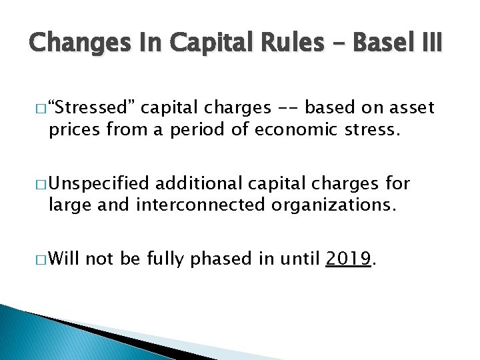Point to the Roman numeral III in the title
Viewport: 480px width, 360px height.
pos(428,43)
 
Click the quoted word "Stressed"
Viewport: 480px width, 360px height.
pos(92,107)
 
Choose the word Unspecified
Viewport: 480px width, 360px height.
pos(101,183)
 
